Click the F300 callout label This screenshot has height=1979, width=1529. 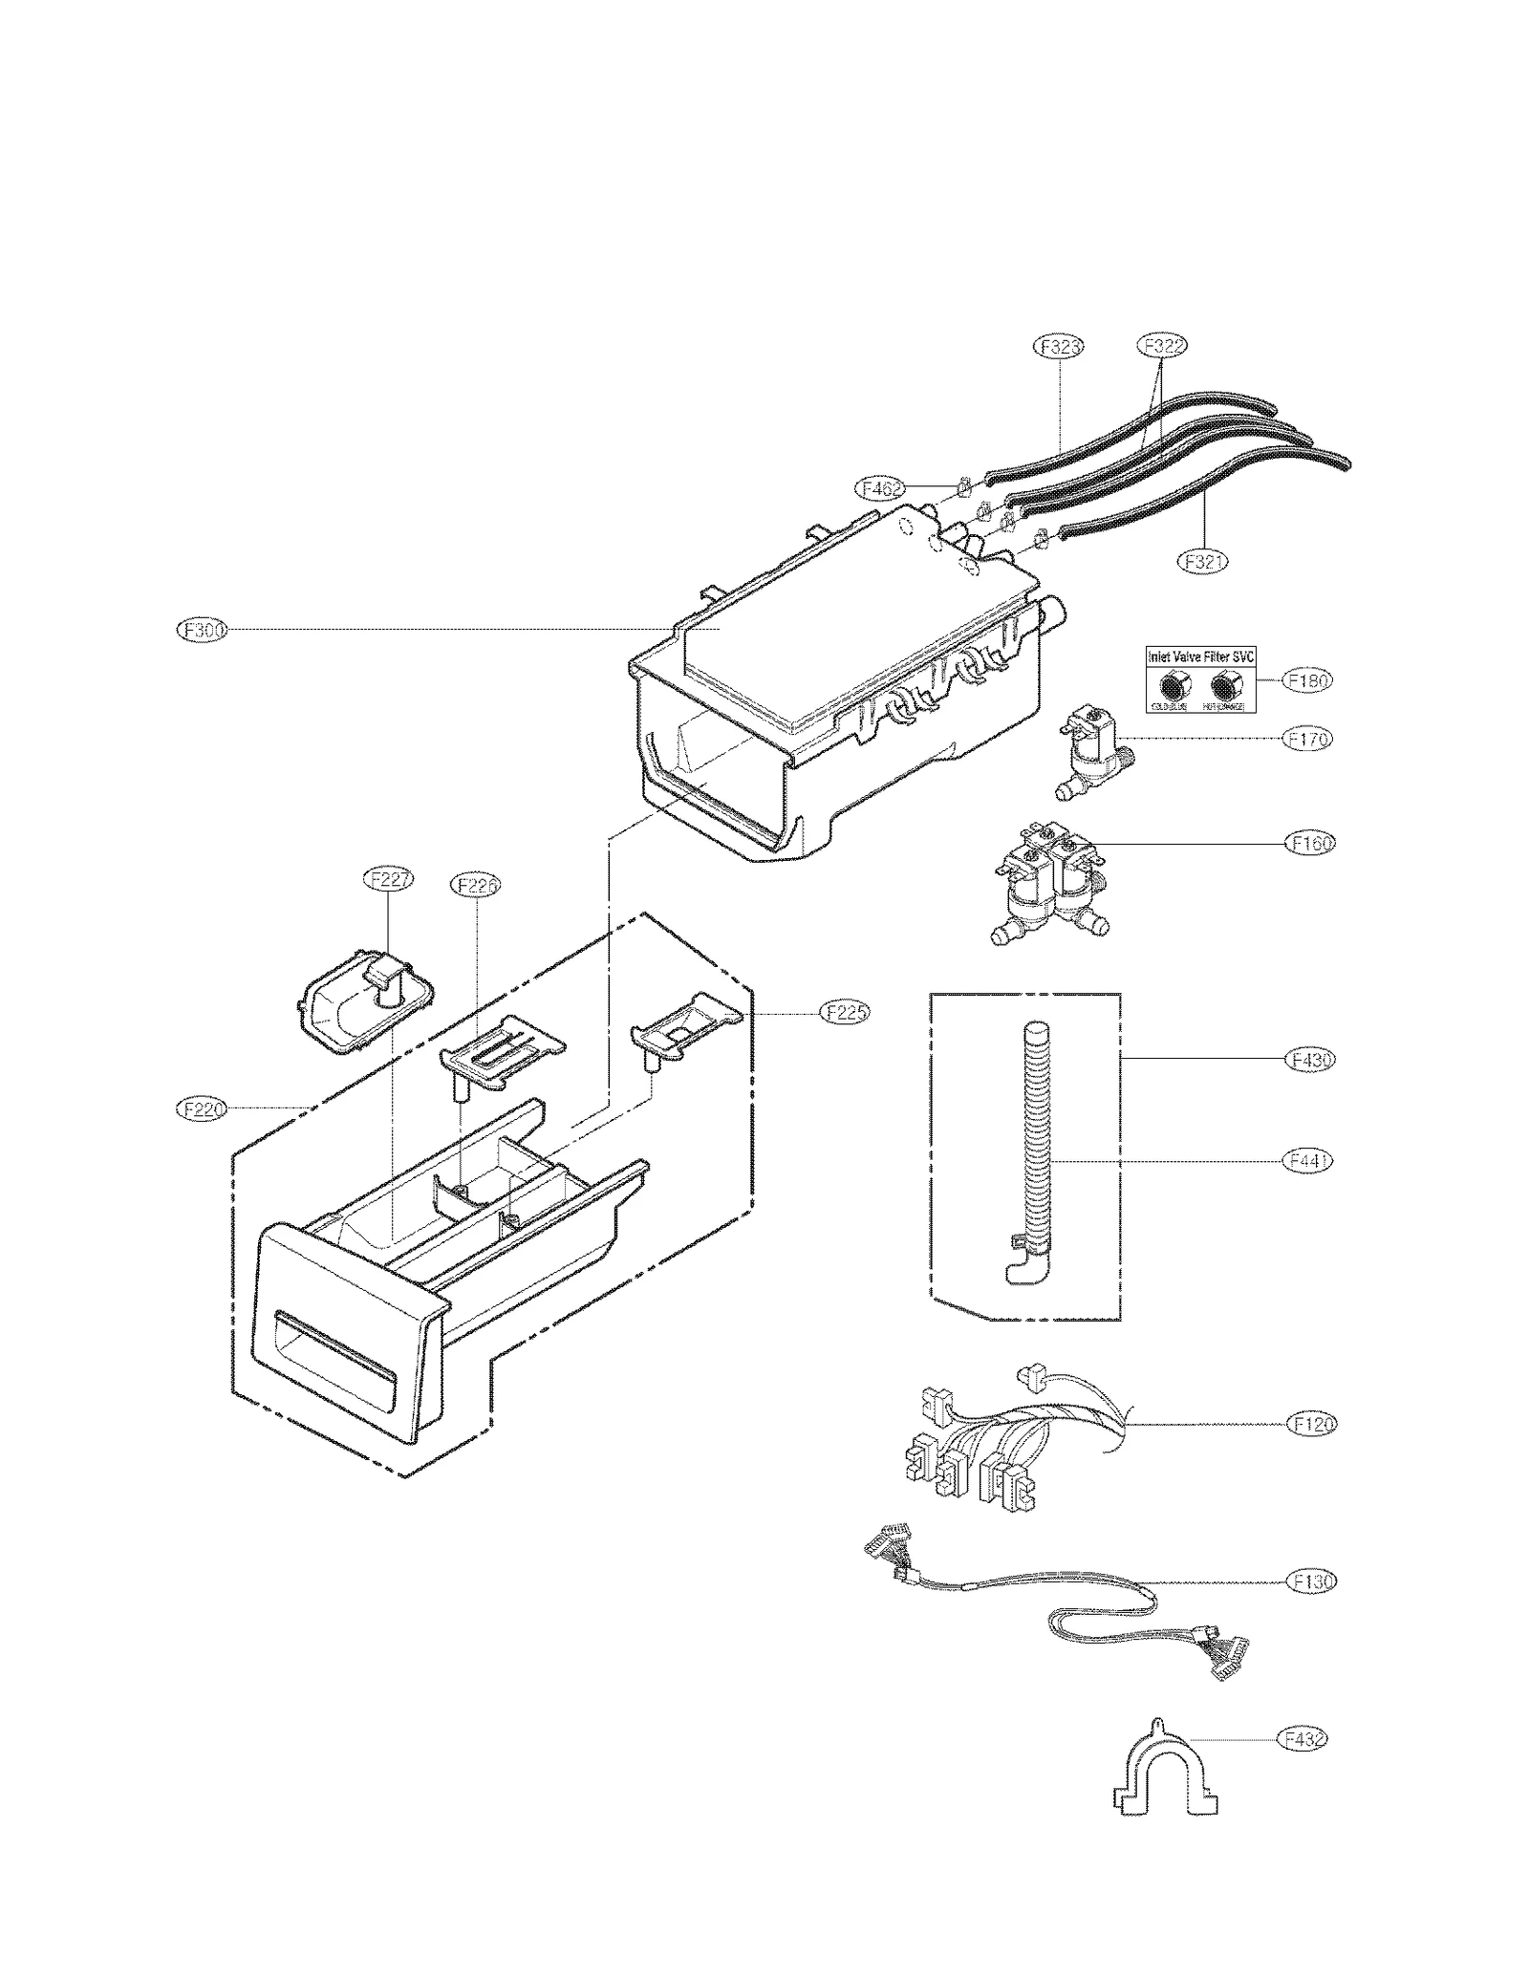(x=203, y=630)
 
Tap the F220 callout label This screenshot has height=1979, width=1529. (x=203, y=1108)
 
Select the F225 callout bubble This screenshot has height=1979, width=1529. (x=846, y=1012)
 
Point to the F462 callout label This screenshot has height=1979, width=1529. (x=879, y=489)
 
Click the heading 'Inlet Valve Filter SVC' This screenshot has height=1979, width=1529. (x=1200, y=657)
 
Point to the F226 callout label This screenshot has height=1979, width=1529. (x=475, y=886)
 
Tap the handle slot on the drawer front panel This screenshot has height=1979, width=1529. (x=334, y=1353)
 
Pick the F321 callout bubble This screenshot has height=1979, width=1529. (x=1201, y=562)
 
